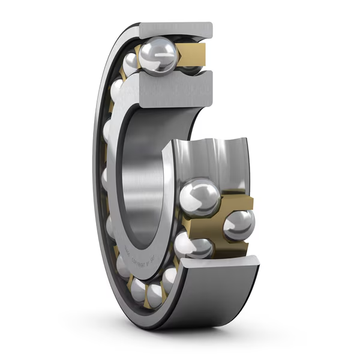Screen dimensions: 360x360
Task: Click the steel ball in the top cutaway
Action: tap(157, 55)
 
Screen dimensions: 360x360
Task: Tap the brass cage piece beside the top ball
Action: tap(193, 52)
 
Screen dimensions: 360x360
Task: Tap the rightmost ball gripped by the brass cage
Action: tap(239, 226)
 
